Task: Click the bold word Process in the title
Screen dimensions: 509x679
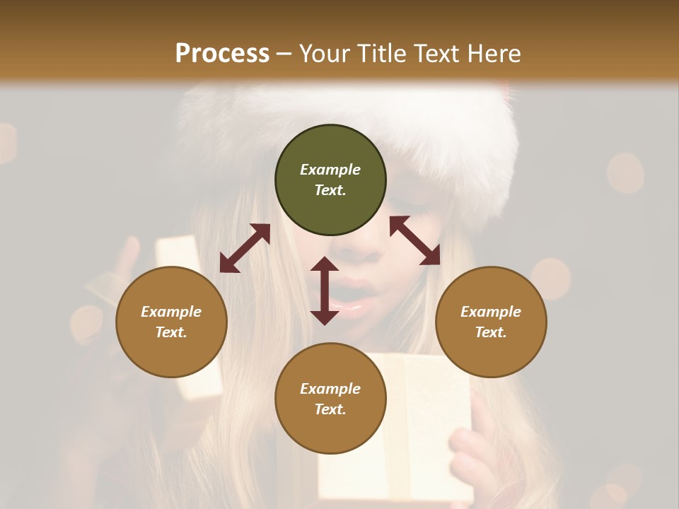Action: [222, 54]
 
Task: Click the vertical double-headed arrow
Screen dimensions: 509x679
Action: [325, 291]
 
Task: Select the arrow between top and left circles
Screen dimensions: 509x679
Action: [245, 248]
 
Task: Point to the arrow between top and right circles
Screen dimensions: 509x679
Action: [415, 240]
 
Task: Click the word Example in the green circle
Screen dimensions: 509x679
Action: [330, 170]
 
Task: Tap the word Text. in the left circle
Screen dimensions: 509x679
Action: [171, 332]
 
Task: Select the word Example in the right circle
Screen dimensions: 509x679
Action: [491, 312]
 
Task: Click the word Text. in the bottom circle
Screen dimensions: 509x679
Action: [330, 409]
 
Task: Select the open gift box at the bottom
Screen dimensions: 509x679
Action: [410, 438]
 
